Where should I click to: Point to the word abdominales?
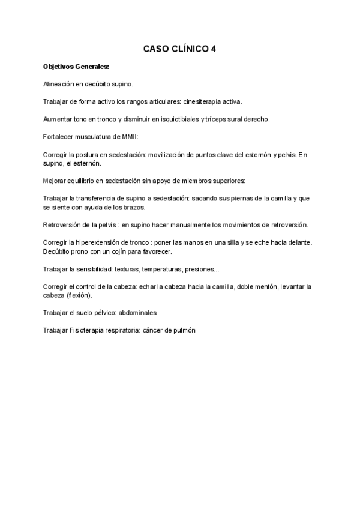[152, 313]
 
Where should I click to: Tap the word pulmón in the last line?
[184, 330]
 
